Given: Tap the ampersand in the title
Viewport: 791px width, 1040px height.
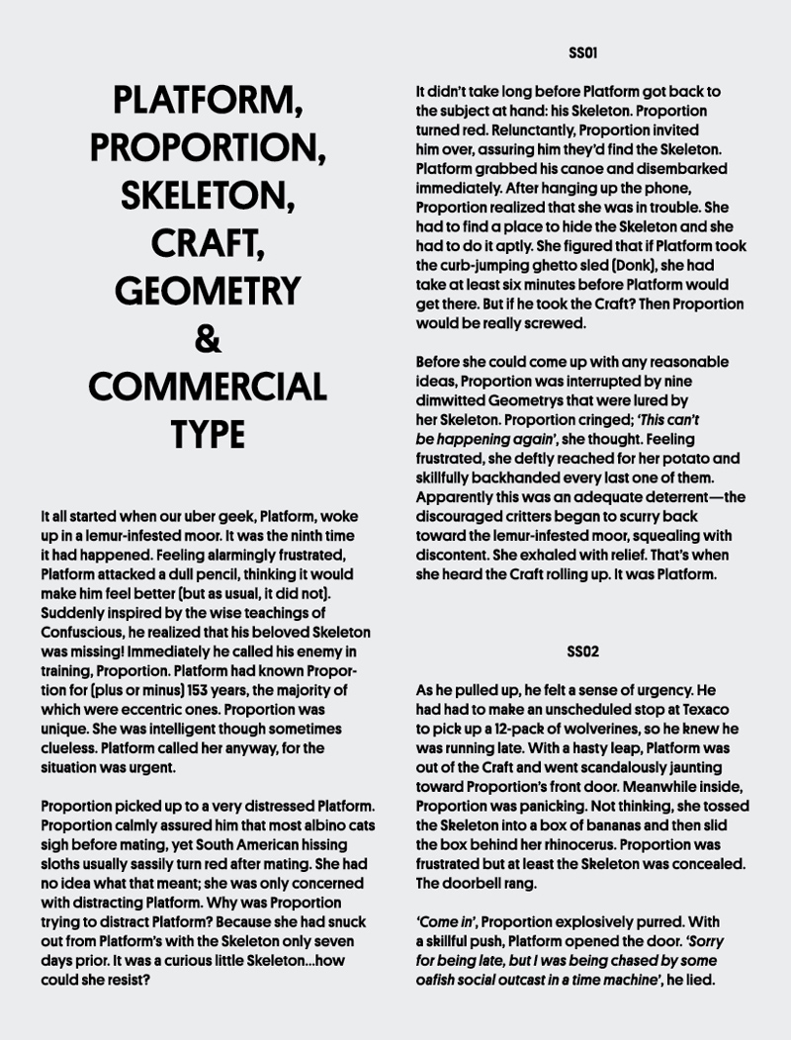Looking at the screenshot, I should pyautogui.click(x=208, y=338).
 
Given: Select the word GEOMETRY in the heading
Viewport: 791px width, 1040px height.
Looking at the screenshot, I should pyautogui.click(x=208, y=291).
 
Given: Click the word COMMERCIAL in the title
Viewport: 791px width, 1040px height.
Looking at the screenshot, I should pyautogui.click(x=208, y=386).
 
